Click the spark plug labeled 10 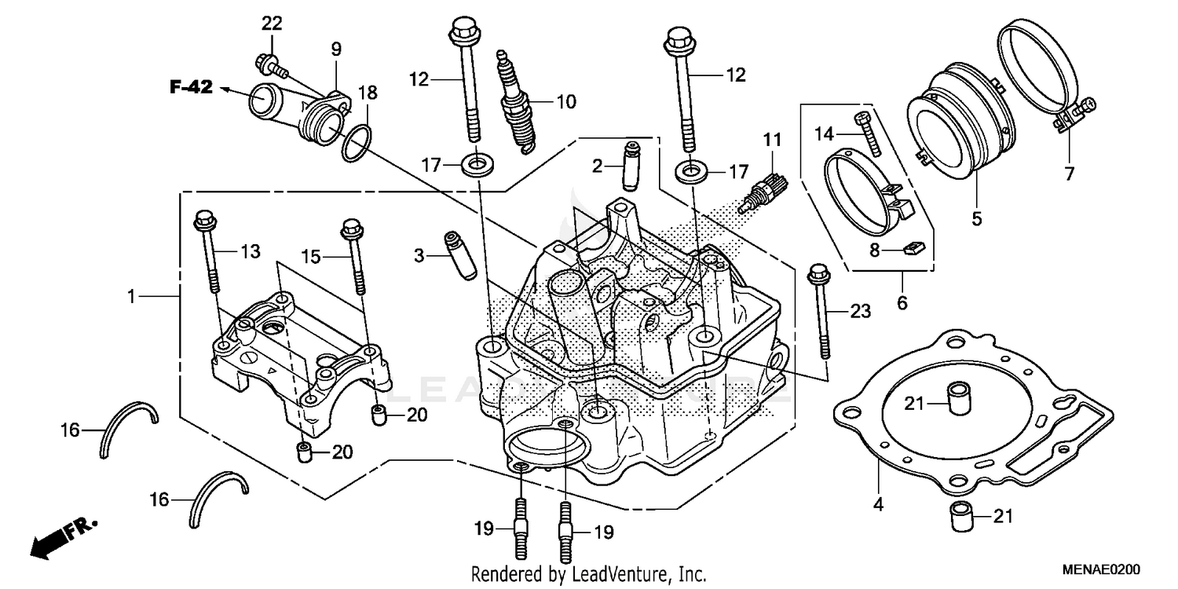[512, 98]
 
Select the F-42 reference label [192, 87]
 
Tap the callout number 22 [271, 24]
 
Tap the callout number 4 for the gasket [878, 505]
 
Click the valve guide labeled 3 [459, 254]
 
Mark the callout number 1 [132, 296]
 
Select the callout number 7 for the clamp [1070, 174]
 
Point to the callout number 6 [902, 302]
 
